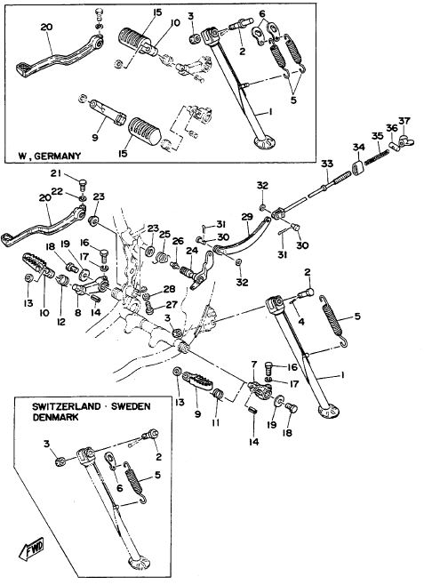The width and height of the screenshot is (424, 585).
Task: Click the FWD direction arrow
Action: tap(31, 550)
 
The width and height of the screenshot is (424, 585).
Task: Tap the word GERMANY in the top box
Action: tap(57, 156)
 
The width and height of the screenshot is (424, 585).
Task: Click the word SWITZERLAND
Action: tap(67, 406)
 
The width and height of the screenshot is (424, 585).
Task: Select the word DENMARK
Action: tap(56, 417)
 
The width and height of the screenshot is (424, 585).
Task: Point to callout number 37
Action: tap(404, 121)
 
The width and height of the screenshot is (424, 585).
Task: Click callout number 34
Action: tap(359, 148)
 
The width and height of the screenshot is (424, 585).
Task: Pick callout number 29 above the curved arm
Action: tap(247, 217)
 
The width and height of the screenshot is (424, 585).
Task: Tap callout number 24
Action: tap(192, 251)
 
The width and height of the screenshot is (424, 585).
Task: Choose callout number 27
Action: tap(172, 305)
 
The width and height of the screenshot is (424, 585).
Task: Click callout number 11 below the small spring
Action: tap(215, 422)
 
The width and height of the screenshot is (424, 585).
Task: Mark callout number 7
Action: tap(254, 364)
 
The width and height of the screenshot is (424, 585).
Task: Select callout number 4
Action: tap(301, 321)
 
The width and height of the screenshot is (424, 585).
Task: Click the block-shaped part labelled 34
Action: tap(358, 167)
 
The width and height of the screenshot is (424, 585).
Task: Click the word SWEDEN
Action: tap(132, 406)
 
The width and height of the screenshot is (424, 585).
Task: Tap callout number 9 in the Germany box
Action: tap(95, 138)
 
